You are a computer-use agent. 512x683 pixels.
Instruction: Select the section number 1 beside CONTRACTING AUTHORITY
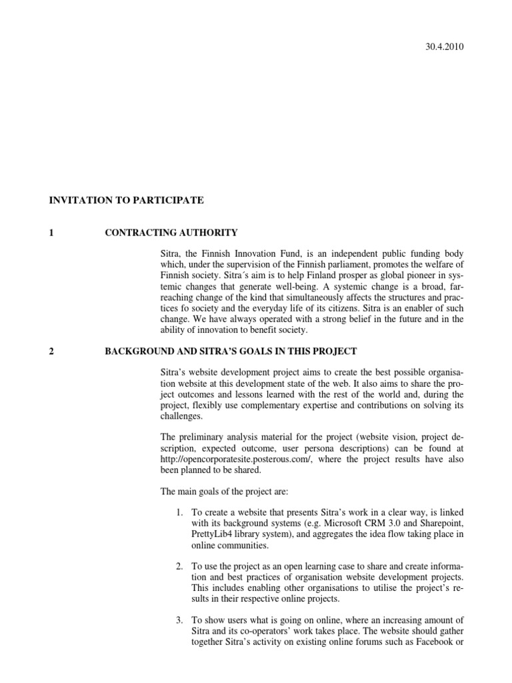point(51,232)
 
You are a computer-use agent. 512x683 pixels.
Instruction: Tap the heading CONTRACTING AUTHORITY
point(171,232)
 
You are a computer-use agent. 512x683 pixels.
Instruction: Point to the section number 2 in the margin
point(51,351)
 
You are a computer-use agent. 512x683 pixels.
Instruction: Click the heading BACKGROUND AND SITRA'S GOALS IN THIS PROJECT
point(231,351)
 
